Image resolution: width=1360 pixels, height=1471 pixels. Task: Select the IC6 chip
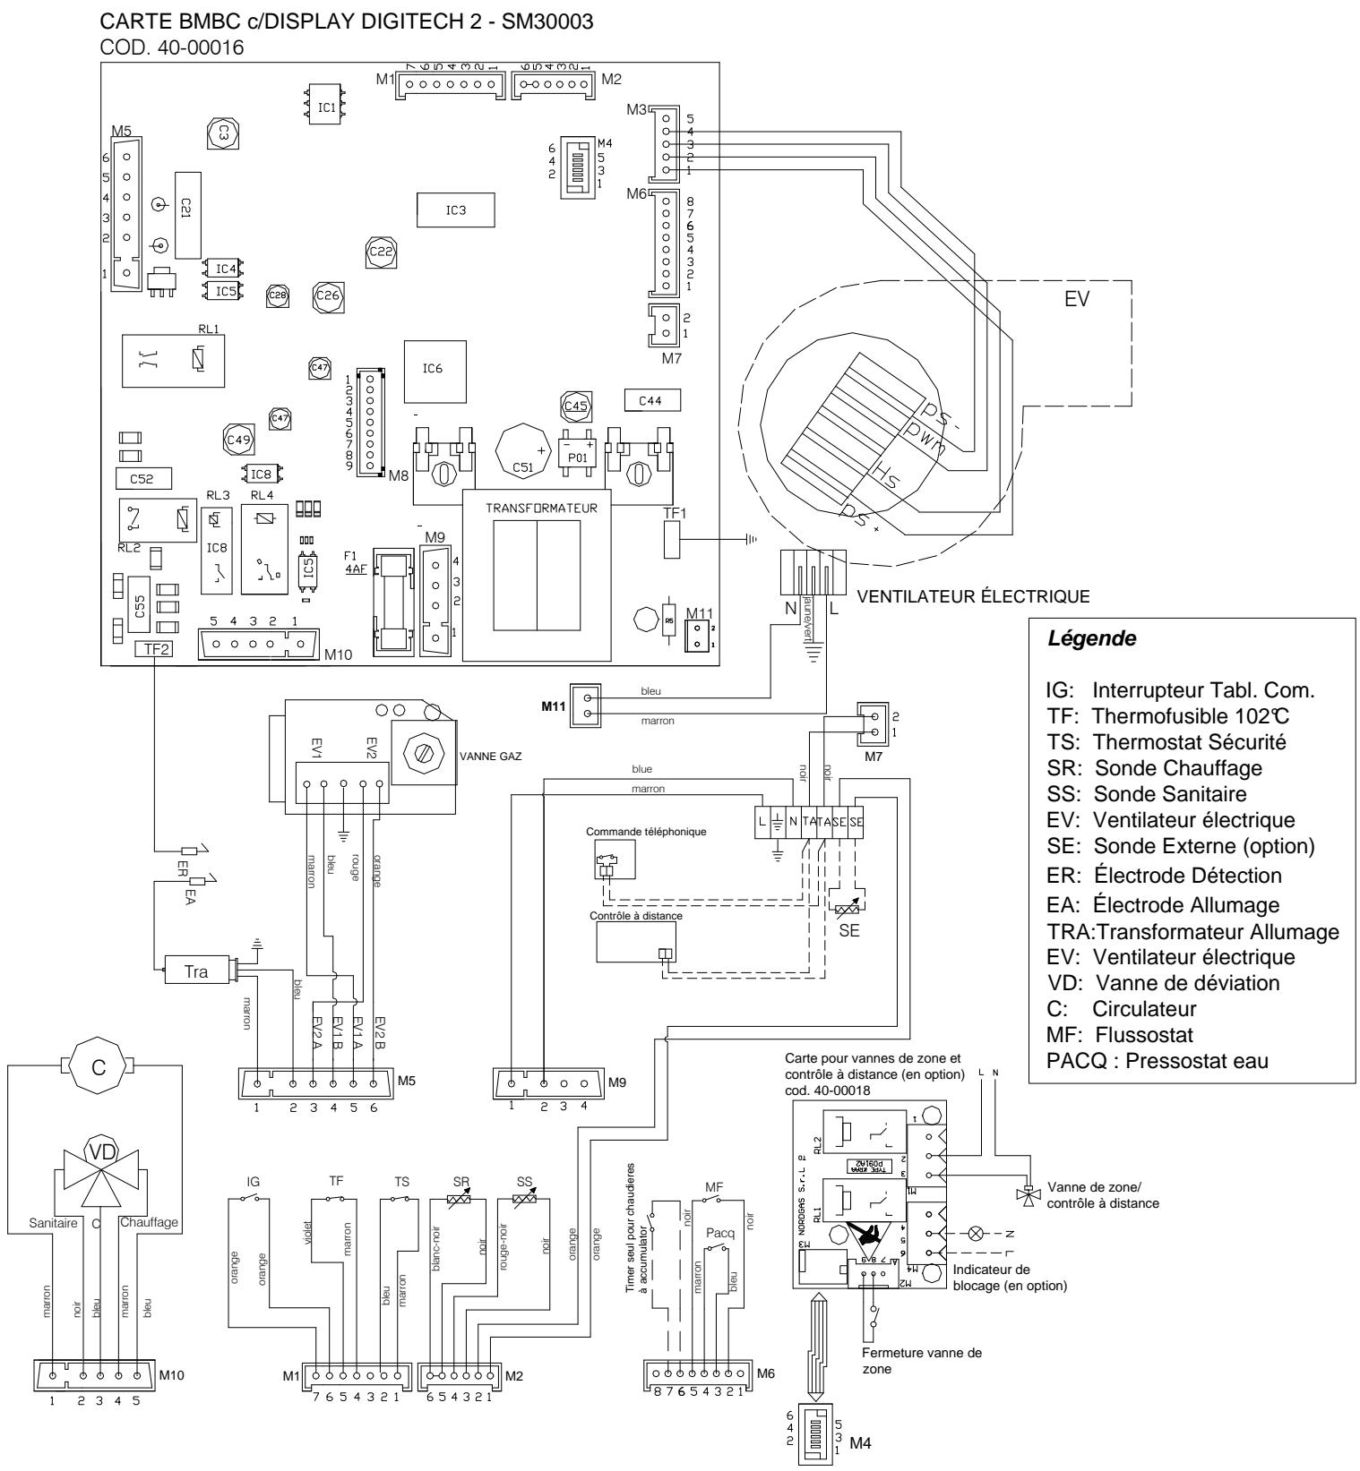(435, 368)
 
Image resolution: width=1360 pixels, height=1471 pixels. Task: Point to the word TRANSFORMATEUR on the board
(536, 506)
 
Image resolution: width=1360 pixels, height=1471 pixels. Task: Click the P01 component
(577, 456)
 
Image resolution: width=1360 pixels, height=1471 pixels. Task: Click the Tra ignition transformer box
(196, 970)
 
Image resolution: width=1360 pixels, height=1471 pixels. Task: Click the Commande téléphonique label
(646, 832)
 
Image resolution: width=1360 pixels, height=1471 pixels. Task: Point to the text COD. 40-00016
(169, 49)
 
